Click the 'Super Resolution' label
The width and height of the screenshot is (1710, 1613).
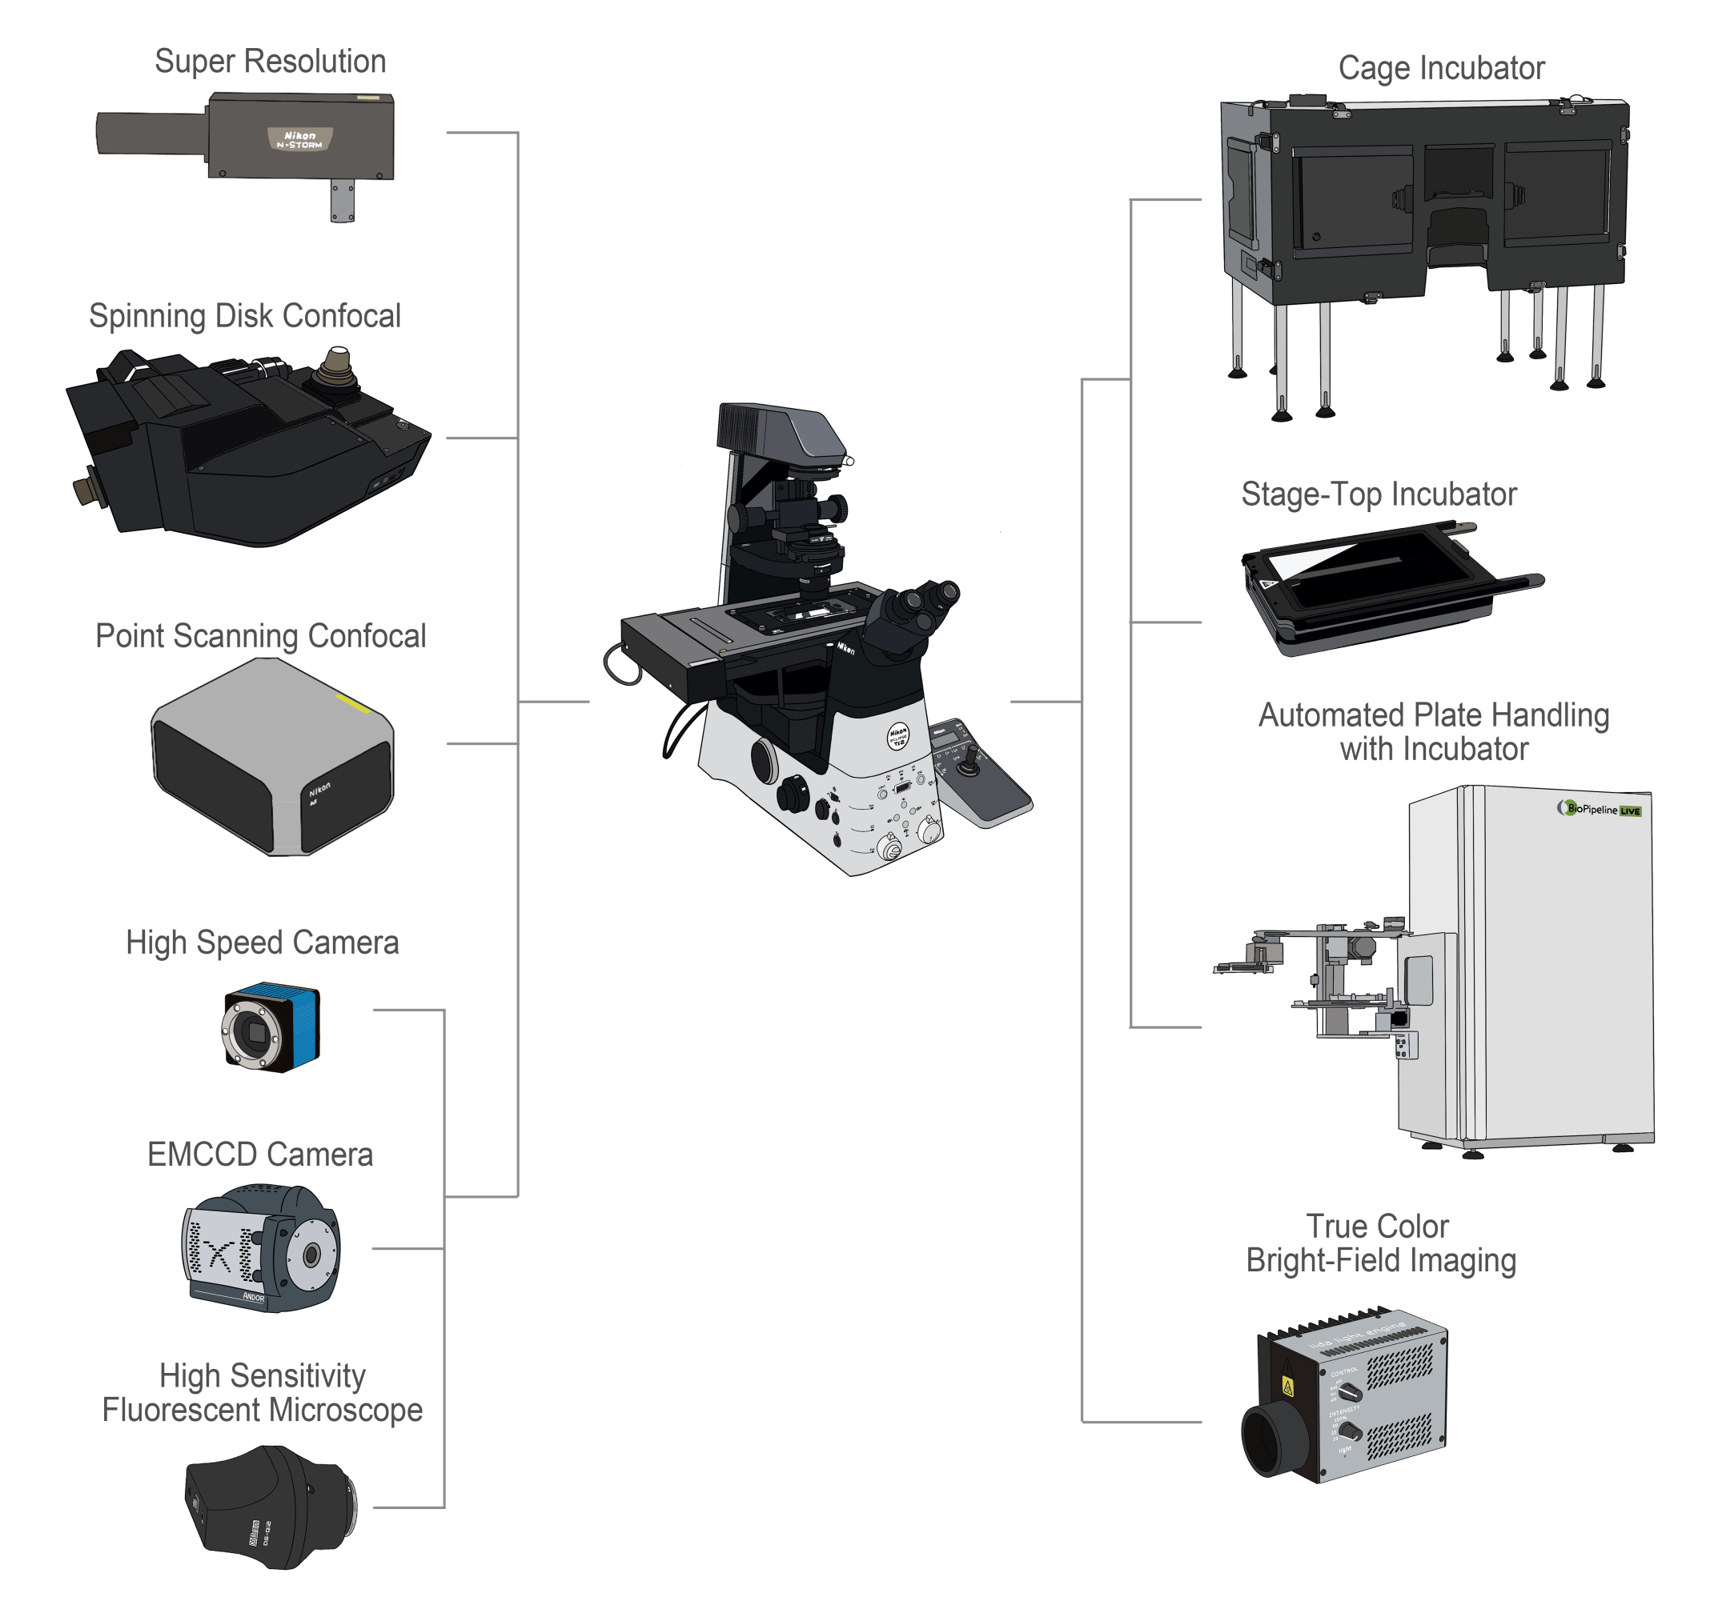pos(270,62)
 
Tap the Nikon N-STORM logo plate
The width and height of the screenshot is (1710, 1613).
pos(299,139)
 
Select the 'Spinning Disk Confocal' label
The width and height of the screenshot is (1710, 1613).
pos(245,316)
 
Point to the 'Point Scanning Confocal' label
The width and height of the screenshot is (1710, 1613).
pos(261,636)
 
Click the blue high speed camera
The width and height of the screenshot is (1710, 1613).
pos(270,1027)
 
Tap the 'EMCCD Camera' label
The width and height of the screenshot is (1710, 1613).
pos(259,1155)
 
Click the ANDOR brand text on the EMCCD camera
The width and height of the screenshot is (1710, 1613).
pos(253,1297)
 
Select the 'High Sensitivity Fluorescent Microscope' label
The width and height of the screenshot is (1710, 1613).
pos(263,1393)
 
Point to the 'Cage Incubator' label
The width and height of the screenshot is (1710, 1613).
pos(1442,69)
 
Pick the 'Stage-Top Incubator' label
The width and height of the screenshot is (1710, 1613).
pos(1379,494)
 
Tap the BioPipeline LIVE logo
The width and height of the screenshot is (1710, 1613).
pos(1599,809)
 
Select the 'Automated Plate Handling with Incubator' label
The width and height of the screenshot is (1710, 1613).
pos(1434,732)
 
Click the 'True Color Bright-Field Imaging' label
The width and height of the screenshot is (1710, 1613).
pos(1380,1243)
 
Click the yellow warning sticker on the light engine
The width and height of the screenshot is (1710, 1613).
pos(1287,1387)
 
